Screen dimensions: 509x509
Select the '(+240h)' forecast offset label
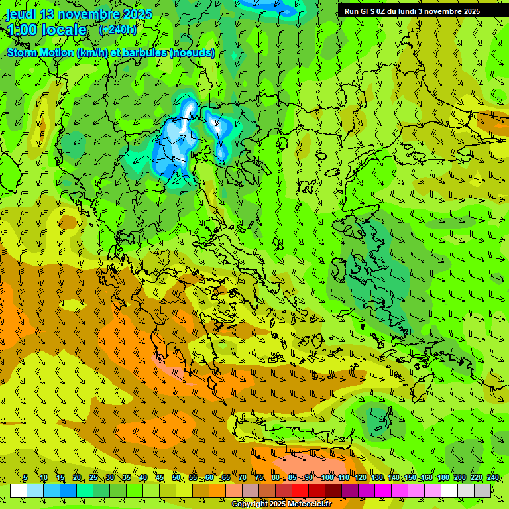click(118, 29)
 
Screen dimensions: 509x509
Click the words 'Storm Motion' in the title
click(40, 52)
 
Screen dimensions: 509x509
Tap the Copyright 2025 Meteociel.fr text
click(281, 504)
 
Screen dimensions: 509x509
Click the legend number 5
click(25, 478)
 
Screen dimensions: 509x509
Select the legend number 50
click(176, 478)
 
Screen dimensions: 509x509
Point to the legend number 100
click(327, 478)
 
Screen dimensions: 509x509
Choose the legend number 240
click(492, 478)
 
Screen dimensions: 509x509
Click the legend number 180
click(443, 478)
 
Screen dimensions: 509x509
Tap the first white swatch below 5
click(19, 490)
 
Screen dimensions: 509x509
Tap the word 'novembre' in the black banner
click(444, 11)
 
